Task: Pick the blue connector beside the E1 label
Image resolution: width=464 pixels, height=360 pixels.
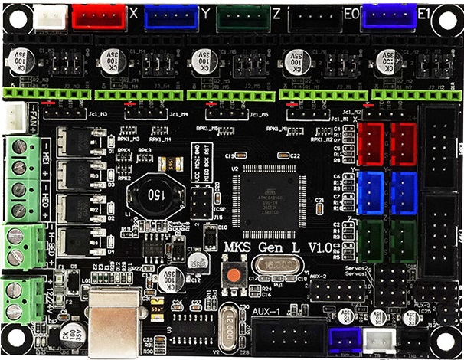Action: [389, 16]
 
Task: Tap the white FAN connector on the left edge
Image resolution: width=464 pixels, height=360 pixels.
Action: [16, 117]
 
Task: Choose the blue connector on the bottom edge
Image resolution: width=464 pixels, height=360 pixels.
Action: [343, 342]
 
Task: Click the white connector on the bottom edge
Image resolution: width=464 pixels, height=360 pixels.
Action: [377, 342]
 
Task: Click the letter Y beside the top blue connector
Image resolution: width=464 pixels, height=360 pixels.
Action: [207, 13]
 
